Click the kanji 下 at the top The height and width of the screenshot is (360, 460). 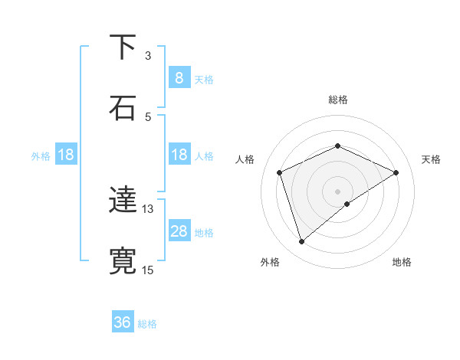pyautogui.click(x=123, y=47)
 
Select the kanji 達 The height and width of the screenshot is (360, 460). pyautogui.click(x=123, y=201)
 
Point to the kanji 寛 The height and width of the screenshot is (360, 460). pyautogui.click(x=123, y=260)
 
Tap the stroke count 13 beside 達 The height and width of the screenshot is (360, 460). pyautogui.click(x=148, y=208)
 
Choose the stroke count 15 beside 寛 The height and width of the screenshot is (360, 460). pyautogui.click(x=148, y=269)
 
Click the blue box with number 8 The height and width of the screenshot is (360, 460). pyautogui.click(x=179, y=77)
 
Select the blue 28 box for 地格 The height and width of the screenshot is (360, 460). pyautogui.click(x=179, y=231)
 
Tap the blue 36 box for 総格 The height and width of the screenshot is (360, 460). pyautogui.click(x=123, y=322)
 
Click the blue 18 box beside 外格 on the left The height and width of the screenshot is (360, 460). pyautogui.click(x=66, y=155)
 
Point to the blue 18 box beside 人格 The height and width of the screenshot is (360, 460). pyautogui.click(x=179, y=155)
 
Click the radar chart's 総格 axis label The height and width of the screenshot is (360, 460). pyautogui.click(x=337, y=100)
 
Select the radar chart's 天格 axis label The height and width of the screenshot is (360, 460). pyautogui.click(x=431, y=159)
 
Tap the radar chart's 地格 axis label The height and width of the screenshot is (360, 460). pyautogui.click(x=402, y=262)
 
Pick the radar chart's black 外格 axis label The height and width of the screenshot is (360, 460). pyautogui.click(x=270, y=262)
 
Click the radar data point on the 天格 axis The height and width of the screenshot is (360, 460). pyautogui.click(x=396, y=172)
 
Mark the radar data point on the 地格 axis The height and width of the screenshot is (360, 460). pyautogui.click(x=347, y=204)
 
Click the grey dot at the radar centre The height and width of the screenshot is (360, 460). pyautogui.click(x=337, y=191)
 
